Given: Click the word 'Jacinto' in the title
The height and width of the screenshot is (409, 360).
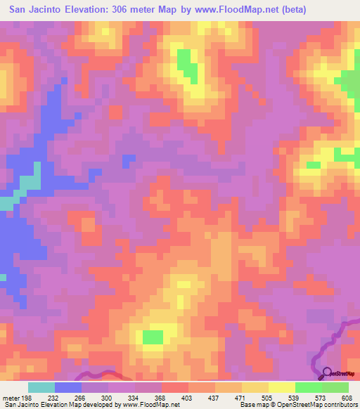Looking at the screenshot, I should tap(63, 11).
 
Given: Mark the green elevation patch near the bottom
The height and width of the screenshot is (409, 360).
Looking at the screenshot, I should tap(153, 337).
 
